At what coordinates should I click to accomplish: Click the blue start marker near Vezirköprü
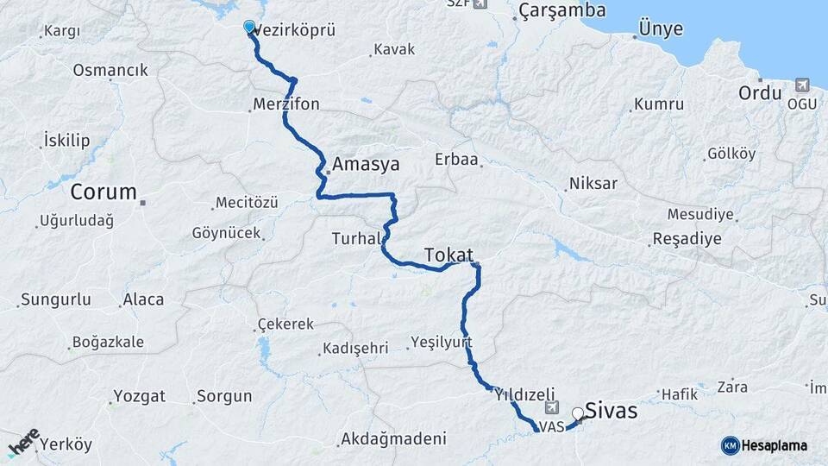click(x=249, y=27)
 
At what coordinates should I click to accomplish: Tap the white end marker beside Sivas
click(x=577, y=412)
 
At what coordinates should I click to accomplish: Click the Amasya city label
click(x=367, y=163)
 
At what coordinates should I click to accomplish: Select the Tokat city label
click(x=448, y=255)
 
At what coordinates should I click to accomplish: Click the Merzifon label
click(x=286, y=104)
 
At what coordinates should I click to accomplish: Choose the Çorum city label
click(x=104, y=192)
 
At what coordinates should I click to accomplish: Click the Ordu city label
click(x=759, y=92)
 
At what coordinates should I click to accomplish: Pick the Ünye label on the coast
click(x=661, y=29)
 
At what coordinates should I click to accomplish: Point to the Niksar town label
click(x=593, y=184)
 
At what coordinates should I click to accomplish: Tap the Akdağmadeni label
click(x=393, y=438)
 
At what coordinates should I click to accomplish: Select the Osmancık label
click(x=110, y=70)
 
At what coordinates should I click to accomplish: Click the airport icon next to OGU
click(x=802, y=85)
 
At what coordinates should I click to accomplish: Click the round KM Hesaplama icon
click(x=730, y=445)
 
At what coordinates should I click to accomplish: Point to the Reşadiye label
click(x=687, y=239)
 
